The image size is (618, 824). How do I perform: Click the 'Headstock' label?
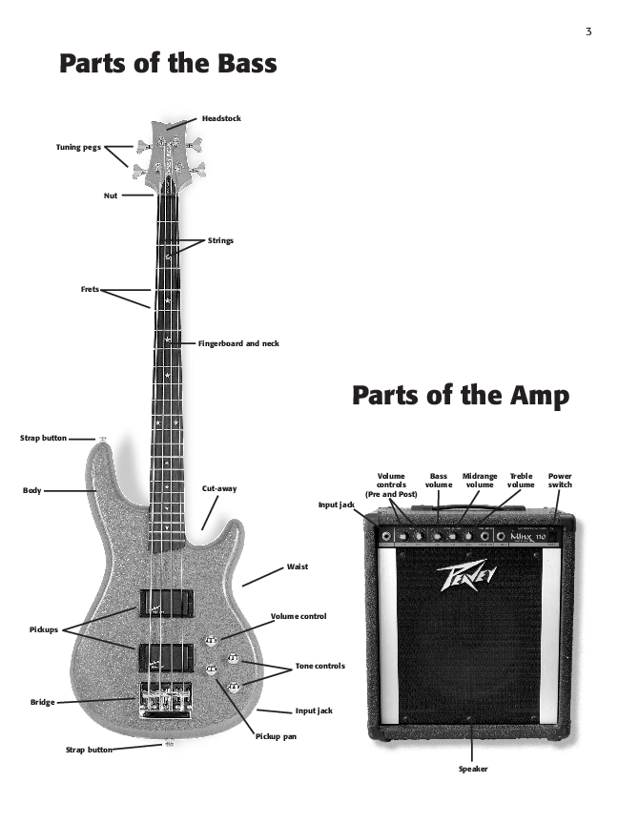[221, 118]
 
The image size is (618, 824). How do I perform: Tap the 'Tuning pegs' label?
[77, 147]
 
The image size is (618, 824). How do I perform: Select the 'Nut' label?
[110, 196]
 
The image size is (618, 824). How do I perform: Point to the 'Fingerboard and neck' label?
[238, 342]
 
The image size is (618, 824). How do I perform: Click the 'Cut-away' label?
[219, 488]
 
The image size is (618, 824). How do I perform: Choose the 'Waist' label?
[298, 566]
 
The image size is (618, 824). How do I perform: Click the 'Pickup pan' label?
[276, 736]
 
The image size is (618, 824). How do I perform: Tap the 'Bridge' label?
[42, 702]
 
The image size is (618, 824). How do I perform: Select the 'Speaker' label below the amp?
[473, 769]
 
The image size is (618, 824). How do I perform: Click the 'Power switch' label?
[561, 480]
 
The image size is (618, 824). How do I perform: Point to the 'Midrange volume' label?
[480, 480]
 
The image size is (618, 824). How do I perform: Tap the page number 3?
[588, 32]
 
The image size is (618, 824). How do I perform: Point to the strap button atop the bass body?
[101, 439]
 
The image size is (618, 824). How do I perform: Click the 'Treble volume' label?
[521, 480]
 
